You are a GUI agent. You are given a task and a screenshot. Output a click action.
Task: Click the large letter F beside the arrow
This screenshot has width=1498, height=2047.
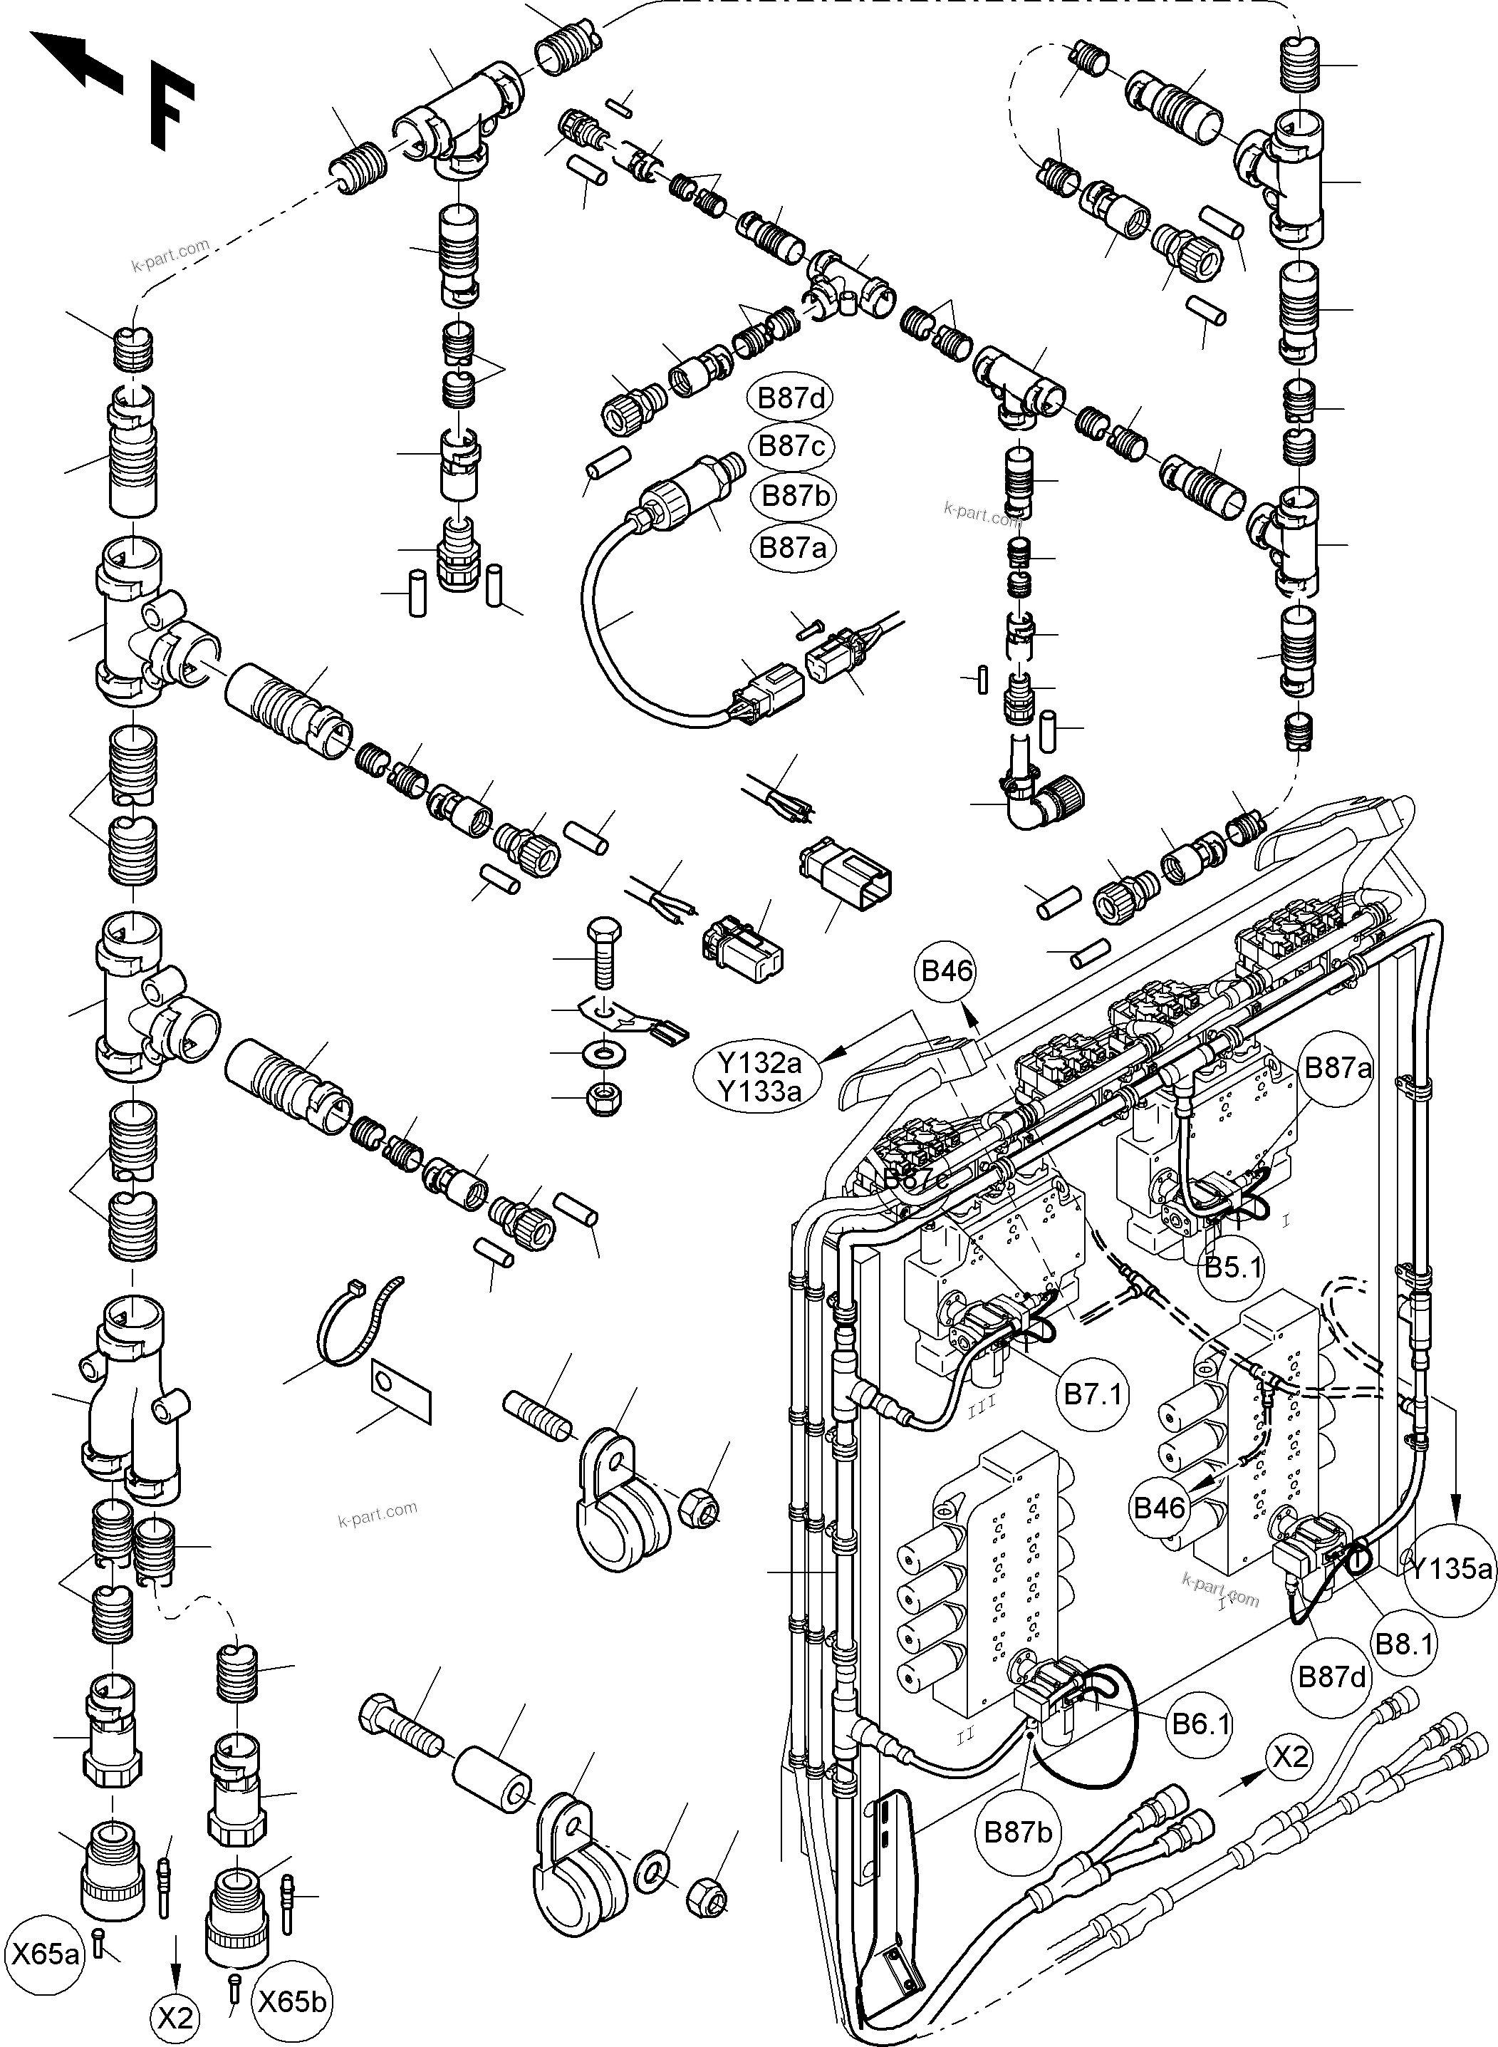[170, 106]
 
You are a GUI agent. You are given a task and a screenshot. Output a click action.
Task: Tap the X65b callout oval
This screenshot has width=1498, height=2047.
[292, 1994]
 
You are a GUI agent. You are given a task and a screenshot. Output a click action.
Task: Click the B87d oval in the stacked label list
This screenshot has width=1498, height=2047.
[791, 398]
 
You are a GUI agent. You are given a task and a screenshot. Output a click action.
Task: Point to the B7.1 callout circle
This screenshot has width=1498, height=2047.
[1093, 1395]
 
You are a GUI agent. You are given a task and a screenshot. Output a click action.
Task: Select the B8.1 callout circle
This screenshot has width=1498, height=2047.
[1404, 1644]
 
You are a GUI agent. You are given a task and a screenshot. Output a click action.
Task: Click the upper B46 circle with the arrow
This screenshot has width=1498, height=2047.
[947, 971]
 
